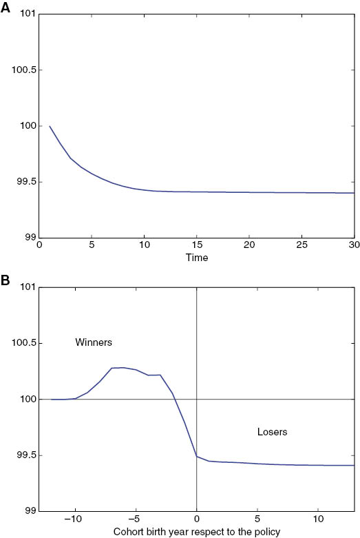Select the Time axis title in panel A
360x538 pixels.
(x=197, y=258)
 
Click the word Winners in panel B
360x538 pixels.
(x=94, y=342)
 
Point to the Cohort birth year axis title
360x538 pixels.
(x=197, y=531)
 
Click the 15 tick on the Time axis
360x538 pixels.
(x=197, y=246)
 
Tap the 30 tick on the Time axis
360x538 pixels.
(x=353, y=246)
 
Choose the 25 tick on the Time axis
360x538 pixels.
(x=301, y=246)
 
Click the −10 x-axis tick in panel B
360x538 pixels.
(x=74, y=519)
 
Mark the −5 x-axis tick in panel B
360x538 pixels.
(x=136, y=519)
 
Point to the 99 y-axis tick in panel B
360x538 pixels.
(x=30, y=511)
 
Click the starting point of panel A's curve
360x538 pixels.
(x=50, y=126)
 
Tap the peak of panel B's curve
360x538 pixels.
(x=123, y=367)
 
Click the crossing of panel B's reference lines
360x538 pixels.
(x=197, y=399)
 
